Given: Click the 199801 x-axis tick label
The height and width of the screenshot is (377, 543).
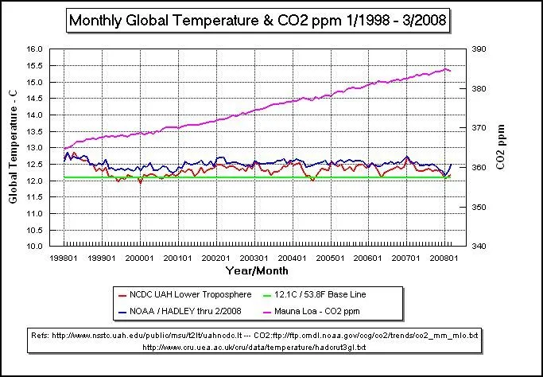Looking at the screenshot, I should [x=64, y=258].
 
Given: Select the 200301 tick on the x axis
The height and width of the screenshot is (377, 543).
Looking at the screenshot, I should [x=254, y=258].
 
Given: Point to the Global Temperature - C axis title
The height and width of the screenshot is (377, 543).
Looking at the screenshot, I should [x=14, y=148].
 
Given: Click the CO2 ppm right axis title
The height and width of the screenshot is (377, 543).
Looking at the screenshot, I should [x=501, y=148].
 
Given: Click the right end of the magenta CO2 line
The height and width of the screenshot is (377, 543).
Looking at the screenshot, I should [x=451, y=71].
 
